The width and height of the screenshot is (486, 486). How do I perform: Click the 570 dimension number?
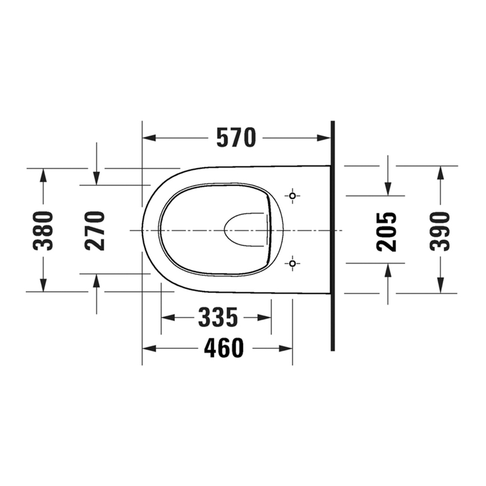click(236, 138)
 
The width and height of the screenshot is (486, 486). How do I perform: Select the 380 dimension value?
click(43, 230)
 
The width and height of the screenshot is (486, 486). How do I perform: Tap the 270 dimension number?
click(95, 230)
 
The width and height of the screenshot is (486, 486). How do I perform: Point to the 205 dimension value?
click(387, 231)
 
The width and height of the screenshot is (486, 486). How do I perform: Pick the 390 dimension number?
click(440, 231)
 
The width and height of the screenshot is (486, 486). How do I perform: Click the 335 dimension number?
click(218, 317)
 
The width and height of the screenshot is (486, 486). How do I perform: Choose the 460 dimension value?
click(224, 348)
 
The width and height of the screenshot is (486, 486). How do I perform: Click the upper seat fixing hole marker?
click(293, 196)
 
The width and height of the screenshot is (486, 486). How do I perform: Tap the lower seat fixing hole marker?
click(293, 264)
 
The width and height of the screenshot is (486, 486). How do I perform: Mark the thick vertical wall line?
click(332, 236)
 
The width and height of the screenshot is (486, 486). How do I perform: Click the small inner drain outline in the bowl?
click(246, 230)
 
